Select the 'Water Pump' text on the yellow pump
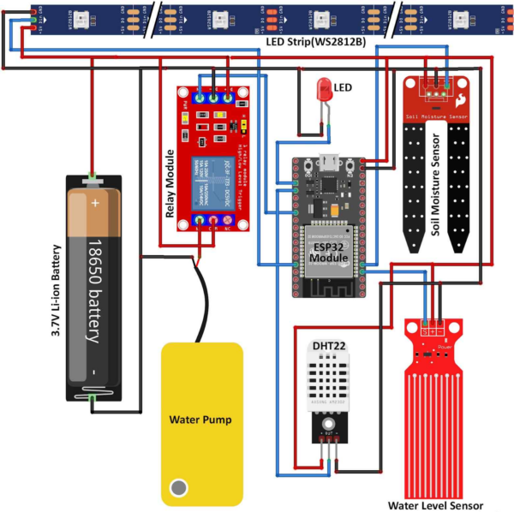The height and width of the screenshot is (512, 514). pos(201,420)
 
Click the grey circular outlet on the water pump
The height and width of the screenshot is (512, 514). pos(178,487)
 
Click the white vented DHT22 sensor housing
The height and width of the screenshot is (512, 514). pos(329,381)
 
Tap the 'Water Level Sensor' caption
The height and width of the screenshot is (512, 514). pos(435,505)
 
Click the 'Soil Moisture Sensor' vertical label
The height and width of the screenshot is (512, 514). pos(435,189)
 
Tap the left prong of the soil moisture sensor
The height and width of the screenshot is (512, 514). pos(413,188)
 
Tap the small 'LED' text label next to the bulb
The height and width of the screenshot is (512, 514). pos(343,87)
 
